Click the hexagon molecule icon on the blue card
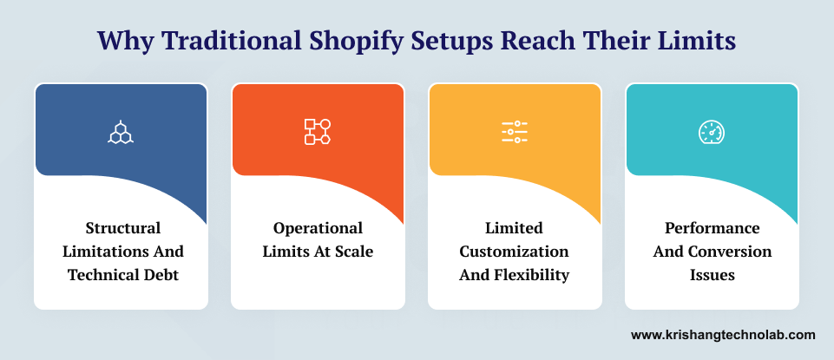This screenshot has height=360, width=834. tap(121, 132)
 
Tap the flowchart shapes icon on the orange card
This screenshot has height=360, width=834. tap(317, 132)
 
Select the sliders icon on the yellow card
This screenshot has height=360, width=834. tap(514, 132)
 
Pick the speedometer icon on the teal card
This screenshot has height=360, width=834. tap(712, 132)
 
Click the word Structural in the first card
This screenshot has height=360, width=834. tap(122, 228)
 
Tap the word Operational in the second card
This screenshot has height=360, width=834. tap(318, 228)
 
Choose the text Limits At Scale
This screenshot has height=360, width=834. tap(318, 252)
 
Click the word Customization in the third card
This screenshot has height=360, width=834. tap(514, 252)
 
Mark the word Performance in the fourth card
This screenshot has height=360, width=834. tap(712, 228)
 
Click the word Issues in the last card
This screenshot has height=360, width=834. tap(712, 275)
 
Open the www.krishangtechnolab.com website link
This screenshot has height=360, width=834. tap(723, 334)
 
